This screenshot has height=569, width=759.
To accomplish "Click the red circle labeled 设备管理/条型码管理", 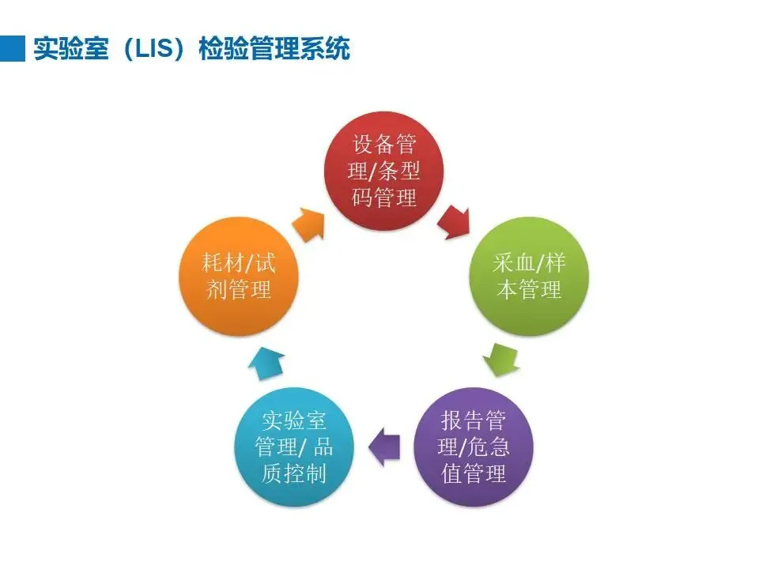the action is tap(385, 170).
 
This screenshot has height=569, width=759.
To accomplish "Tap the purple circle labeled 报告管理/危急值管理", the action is tap(474, 447).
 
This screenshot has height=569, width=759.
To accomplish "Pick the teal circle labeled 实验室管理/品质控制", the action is tap(294, 447).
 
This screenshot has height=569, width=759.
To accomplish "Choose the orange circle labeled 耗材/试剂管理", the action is tap(239, 277).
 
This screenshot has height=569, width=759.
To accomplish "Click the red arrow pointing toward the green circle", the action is tap(455, 220).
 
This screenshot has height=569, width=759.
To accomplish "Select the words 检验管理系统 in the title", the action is tap(271, 49).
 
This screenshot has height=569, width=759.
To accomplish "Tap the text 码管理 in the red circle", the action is tap(385, 197).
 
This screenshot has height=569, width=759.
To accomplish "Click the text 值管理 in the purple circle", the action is tap(474, 474).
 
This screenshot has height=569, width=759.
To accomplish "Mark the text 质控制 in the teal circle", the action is tap(294, 474).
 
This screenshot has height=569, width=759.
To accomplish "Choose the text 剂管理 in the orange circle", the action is tap(239, 290).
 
